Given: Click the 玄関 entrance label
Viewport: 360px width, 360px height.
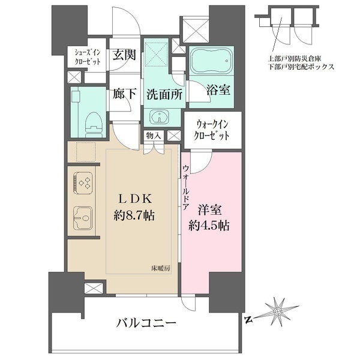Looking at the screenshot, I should pos(124,55).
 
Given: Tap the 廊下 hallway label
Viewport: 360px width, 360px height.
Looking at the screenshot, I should pos(124,94).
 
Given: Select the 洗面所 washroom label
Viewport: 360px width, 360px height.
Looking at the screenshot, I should pos(163,94).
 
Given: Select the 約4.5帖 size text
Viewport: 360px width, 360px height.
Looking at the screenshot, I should pos(209,227).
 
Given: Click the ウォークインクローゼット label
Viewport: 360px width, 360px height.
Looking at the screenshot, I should pos(213,130).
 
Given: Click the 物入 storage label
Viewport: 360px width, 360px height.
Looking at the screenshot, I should pos(154,136).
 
